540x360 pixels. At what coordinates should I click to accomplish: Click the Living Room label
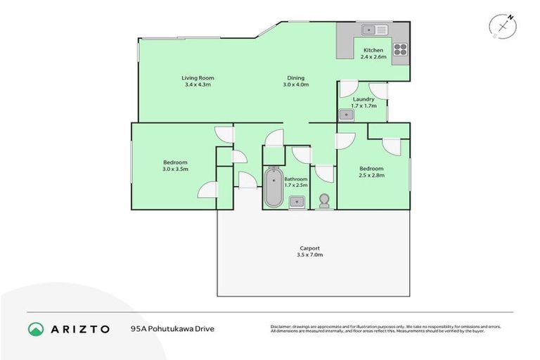point(198,77)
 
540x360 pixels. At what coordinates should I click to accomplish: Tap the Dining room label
point(295,77)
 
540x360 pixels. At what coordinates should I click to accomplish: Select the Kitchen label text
point(373,51)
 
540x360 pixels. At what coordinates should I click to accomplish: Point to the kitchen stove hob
point(400,49)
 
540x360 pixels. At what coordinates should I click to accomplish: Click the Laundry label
point(364,99)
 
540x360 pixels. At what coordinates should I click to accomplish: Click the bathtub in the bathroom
point(273,187)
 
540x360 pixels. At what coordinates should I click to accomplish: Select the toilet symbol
point(324,201)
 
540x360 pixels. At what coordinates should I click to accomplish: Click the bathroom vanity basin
point(297,202)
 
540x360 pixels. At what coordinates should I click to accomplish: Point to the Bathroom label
point(296,179)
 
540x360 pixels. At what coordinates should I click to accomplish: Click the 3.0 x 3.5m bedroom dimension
point(175,169)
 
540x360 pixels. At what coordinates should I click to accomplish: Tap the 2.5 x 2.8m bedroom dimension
point(371,175)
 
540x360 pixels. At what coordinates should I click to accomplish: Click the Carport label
point(309,247)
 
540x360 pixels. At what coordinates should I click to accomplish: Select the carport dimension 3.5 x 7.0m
point(309,255)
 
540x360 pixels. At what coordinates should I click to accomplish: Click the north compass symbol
point(502,26)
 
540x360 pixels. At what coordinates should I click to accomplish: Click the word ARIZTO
point(81,329)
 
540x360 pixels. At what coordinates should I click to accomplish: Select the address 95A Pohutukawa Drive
point(172,329)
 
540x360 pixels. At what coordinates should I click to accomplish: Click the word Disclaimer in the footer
point(282,326)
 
